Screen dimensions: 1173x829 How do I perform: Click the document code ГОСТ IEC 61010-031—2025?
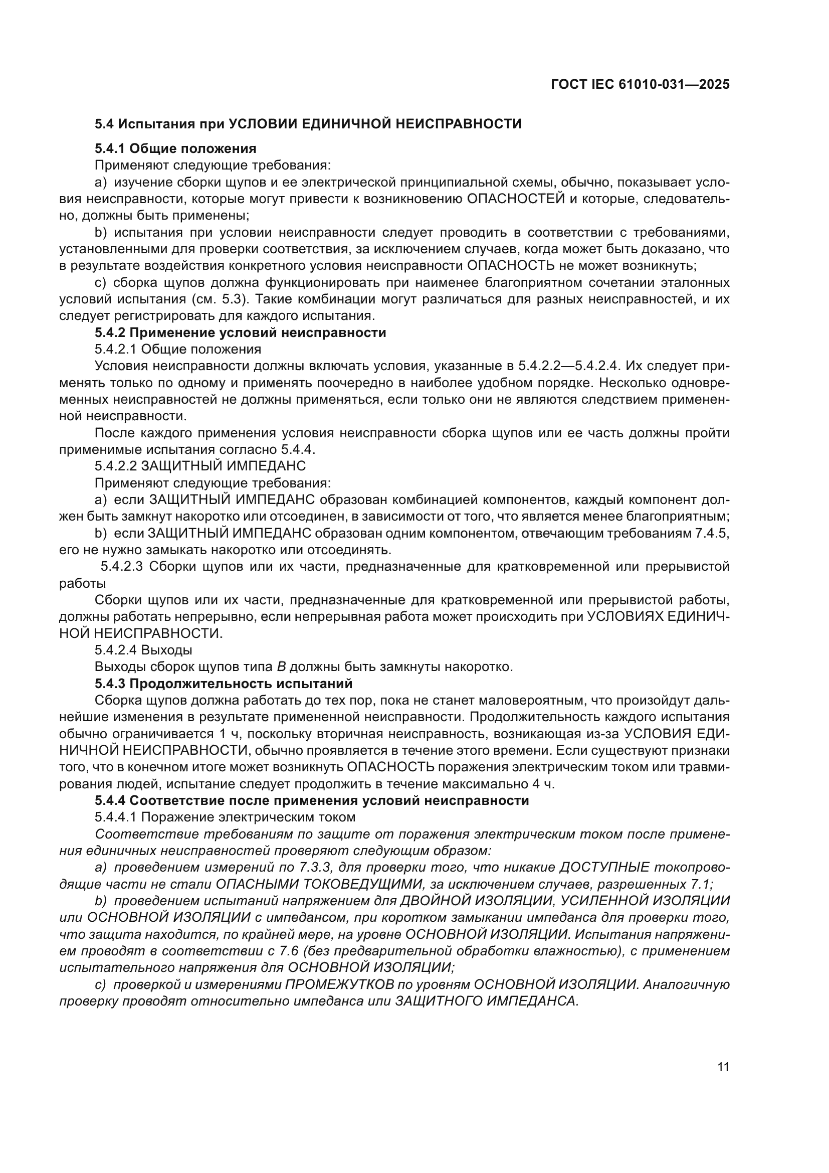coord(640,85)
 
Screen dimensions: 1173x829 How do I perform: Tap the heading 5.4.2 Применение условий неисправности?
coord(240,332)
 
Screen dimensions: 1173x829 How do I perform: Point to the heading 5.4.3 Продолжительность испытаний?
coord(224,684)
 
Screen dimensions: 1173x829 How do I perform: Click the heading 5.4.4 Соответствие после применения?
coord(311,800)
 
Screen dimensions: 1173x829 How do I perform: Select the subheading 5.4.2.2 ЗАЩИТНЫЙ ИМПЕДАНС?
coord(200,466)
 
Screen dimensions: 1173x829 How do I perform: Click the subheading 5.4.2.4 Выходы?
coord(143,650)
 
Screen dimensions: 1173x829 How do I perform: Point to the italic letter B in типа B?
coord(281,667)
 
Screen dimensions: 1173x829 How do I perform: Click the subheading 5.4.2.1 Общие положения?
coord(177,350)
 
